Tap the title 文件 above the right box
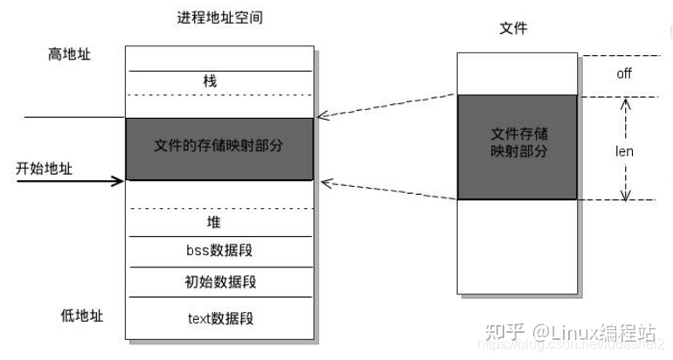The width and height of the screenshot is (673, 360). click(514, 30)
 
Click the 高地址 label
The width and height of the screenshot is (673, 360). click(69, 55)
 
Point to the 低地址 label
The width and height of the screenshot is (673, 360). click(69, 315)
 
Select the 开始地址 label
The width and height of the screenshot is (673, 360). click(43, 166)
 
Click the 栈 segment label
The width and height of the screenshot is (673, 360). click(209, 81)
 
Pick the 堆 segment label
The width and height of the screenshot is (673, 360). click(214, 222)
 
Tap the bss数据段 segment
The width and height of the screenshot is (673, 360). click(219, 252)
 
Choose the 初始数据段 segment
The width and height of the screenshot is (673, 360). click(219, 282)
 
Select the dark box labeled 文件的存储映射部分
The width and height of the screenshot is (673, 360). click(219, 148)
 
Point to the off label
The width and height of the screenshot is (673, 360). click(623, 73)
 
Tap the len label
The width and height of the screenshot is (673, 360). click(624, 151)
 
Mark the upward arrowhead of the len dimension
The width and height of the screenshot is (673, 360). click(624, 102)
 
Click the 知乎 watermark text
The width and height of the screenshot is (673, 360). click(504, 333)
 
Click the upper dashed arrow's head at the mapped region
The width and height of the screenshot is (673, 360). click(322, 115)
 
